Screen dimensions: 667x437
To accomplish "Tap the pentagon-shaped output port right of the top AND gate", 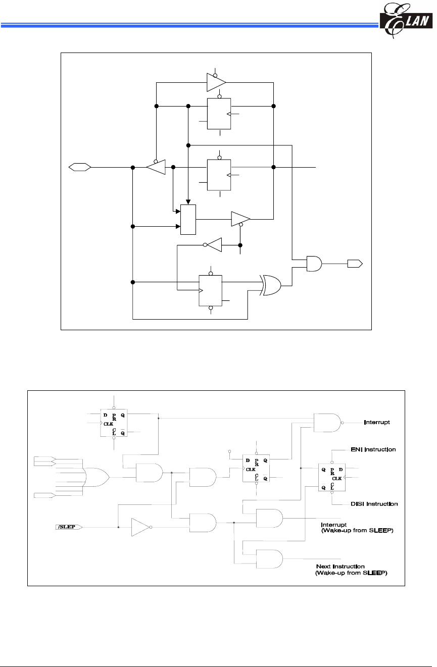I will pos(354,263).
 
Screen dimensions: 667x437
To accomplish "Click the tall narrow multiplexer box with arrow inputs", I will pos(188,220).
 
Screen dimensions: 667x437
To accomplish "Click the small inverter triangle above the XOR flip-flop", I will pos(213,245).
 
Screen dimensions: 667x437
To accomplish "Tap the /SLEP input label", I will pos(68,527).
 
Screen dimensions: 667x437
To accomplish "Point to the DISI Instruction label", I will pos(374,504).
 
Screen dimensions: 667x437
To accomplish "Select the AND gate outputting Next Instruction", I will pos(269,559).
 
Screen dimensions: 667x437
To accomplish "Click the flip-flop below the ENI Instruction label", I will pos(332,476).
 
